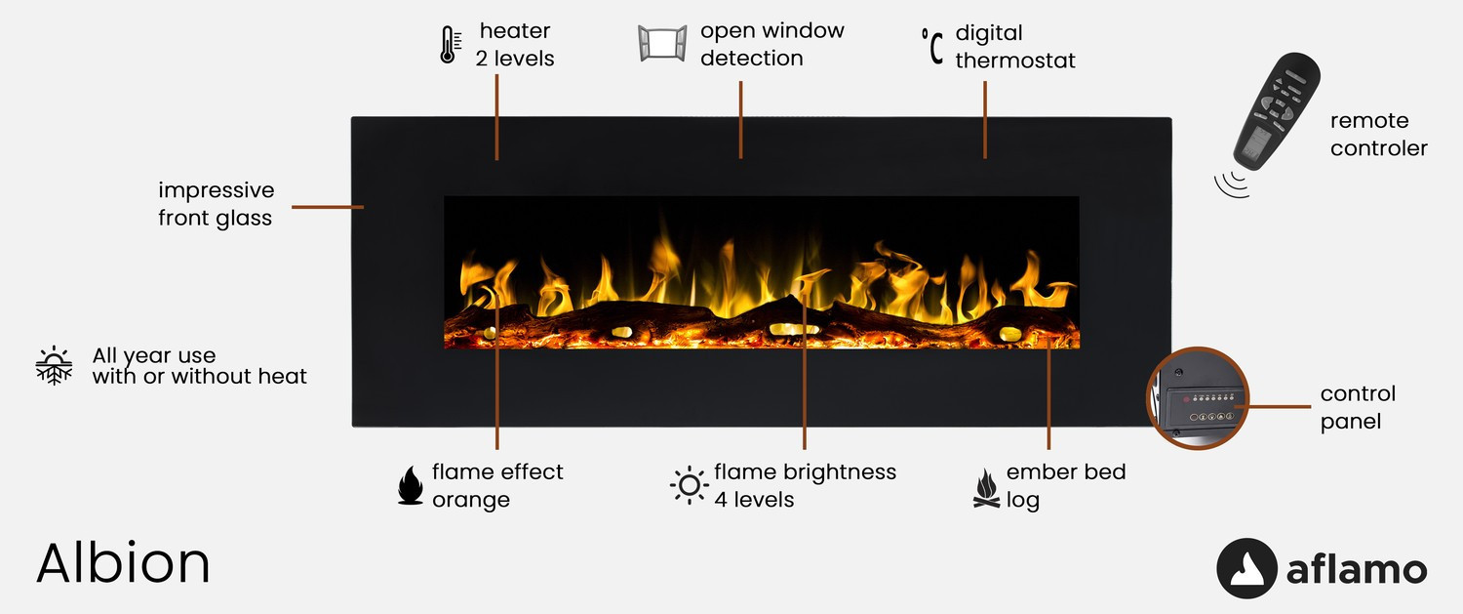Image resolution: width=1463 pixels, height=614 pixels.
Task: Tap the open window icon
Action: point(662,44)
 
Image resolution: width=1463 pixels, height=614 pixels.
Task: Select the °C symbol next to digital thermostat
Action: point(932,46)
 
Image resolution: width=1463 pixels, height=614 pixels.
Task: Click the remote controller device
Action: point(1276,112)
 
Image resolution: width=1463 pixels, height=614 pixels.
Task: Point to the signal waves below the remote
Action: point(1232,184)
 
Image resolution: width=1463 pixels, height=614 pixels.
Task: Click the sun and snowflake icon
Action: point(55,365)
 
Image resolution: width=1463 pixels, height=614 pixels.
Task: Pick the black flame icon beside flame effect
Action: point(411,485)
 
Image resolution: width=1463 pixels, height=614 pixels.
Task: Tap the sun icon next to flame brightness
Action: point(689,485)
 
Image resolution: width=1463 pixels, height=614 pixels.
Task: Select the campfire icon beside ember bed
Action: point(986,488)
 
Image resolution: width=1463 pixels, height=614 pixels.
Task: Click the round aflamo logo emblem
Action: point(1246,568)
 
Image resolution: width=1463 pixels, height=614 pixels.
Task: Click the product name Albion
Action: point(123,563)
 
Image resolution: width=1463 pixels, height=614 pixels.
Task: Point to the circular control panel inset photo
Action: point(1198,397)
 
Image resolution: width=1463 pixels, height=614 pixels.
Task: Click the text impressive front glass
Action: point(216,204)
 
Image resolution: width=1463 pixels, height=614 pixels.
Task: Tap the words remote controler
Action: point(1379,134)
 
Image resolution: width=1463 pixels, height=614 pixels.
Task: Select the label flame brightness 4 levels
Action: point(805,485)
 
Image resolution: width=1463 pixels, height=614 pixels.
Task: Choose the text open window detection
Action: point(772,44)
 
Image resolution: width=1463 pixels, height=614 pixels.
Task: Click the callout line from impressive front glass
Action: point(327,207)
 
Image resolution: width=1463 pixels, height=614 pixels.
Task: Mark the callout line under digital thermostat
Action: point(985,120)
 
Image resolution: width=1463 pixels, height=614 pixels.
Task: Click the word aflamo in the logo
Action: point(1357,569)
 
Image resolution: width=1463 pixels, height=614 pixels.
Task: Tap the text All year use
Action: point(153,355)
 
